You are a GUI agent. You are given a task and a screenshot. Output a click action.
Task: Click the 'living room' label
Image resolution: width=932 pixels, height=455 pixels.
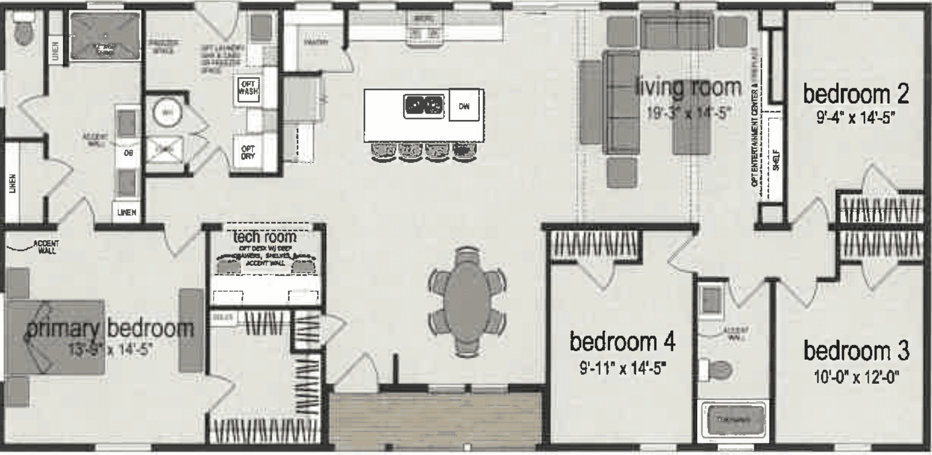click(x=688, y=88)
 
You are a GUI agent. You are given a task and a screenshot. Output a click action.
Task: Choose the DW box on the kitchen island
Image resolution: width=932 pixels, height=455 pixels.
click(x=464, y=106)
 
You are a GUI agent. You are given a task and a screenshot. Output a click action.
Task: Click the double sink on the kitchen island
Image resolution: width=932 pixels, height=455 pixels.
click(x=424, y=106)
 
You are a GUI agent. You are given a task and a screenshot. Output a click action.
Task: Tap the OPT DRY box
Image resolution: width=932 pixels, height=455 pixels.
click(x=247, y=152)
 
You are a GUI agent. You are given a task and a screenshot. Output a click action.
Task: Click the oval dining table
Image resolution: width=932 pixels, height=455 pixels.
click(x=467, y=301)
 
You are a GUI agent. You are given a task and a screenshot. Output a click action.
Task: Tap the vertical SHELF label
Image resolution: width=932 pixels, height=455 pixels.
click(x=776, y=161)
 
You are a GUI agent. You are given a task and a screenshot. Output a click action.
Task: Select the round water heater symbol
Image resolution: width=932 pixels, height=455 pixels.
click(x=164, y=112)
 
